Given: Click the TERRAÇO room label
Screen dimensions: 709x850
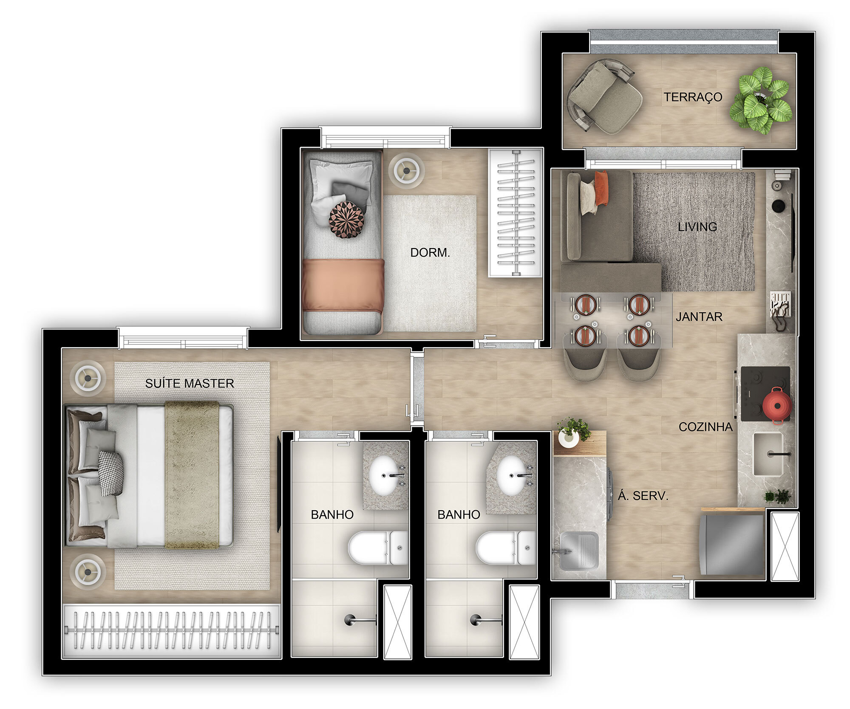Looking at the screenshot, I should (693, 97).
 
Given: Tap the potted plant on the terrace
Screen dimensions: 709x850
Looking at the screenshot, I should (761, 100).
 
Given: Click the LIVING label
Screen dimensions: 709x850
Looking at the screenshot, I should (697, 227).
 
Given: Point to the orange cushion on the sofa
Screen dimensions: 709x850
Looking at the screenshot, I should (601, 188).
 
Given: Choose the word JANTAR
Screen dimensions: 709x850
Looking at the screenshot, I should (699, 317).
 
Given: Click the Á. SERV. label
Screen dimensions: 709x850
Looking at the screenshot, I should (643, 496).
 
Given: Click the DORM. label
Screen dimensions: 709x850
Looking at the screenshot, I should (430, 253).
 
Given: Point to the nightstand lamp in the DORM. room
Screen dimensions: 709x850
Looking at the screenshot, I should (407, 170).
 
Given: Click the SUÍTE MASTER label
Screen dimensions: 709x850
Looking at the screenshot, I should (190, 384).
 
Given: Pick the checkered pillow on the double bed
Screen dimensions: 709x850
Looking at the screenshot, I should (111, 473).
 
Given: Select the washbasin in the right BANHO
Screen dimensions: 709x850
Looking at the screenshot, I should (513, 476).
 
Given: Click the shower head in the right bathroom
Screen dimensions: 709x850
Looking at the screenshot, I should (476, 620).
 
